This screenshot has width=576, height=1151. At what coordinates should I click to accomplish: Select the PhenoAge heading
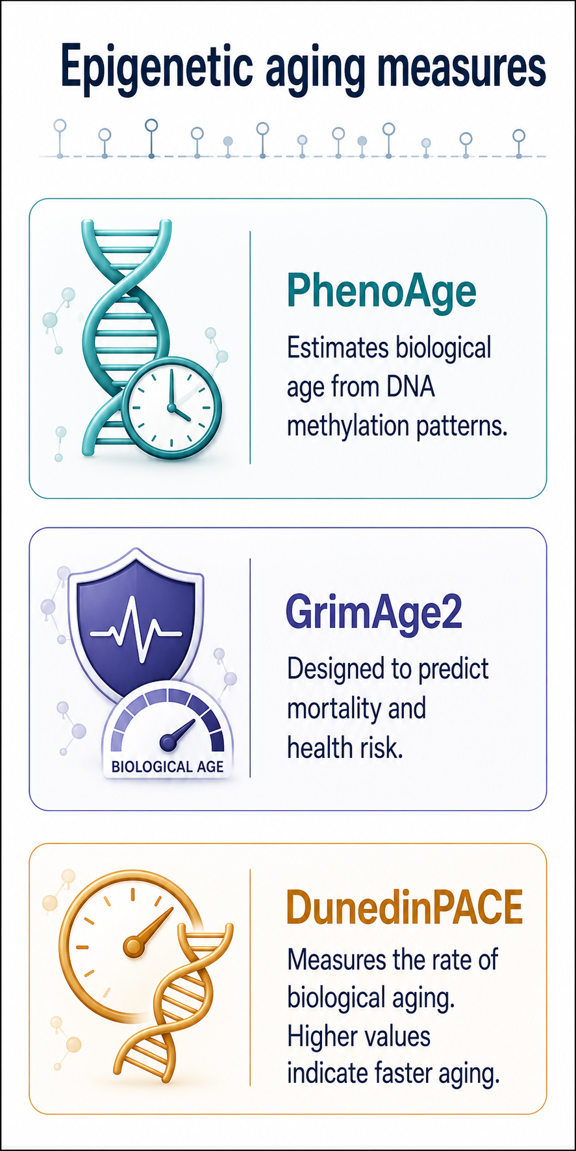pos(382,292)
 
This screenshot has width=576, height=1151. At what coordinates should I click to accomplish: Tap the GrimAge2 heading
pos(374,612)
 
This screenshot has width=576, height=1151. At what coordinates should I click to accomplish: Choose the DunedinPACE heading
pos(405,908)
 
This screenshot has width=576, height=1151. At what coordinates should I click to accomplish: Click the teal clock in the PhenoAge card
pos(172,409)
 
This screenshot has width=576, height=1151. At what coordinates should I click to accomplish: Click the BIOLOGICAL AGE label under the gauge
pos(168,766)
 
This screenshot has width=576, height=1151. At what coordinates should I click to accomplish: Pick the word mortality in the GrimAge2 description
pos(334,709)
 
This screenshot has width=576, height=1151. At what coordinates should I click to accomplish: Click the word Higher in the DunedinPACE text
pos(325,1036)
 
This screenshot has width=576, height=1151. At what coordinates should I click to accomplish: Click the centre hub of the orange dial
pos(134,947)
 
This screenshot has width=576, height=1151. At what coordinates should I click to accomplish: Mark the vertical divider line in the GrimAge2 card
pos(250,668)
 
